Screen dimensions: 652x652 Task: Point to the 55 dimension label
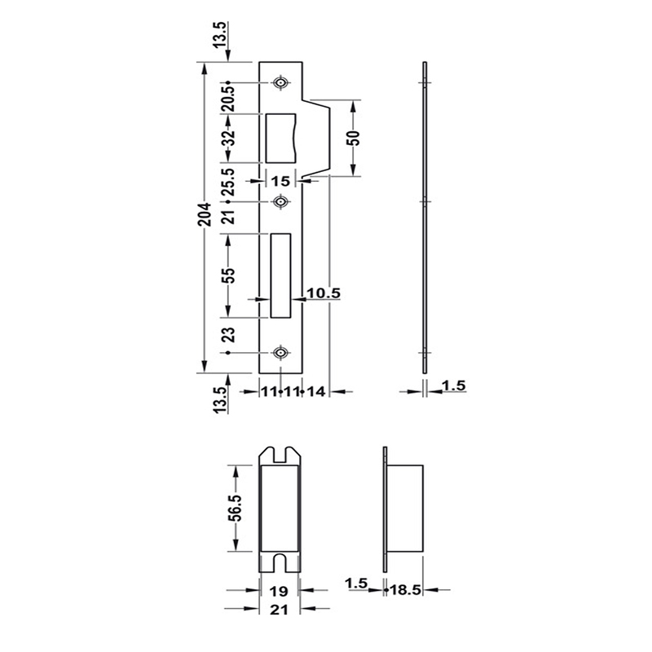pos(229,275)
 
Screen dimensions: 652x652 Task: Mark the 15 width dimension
pos(282,181)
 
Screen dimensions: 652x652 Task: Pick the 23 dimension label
pos(229,335)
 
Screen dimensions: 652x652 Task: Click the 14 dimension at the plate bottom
pos(316,392)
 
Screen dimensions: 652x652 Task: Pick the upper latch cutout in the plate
pos(284,136)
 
